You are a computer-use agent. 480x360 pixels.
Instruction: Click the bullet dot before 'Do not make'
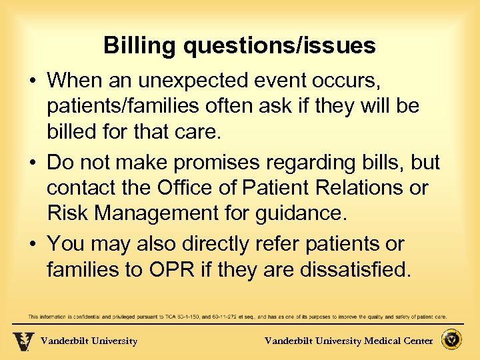tap(34, 163)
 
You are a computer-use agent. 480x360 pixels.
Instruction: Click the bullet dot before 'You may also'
tap(34, 244)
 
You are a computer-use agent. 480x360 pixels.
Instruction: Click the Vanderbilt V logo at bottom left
tap(23, 341)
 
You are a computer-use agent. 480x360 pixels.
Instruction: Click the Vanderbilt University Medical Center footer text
tap(349, 341)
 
